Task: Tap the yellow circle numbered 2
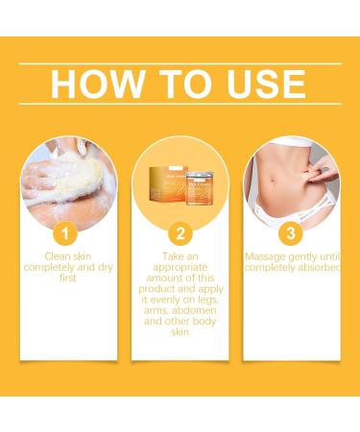coord(180,232)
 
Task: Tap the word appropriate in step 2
coord(179,268)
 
